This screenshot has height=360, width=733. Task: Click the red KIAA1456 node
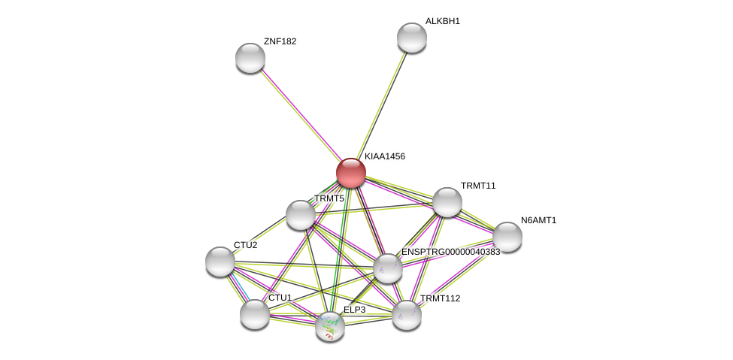351,173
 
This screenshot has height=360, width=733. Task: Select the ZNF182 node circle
250,58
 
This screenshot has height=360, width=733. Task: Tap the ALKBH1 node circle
412,38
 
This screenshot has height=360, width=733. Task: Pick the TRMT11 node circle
447,202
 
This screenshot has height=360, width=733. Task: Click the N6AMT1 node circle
507,237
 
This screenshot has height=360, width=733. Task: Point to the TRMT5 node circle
301,215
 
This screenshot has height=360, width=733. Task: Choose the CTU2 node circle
220,262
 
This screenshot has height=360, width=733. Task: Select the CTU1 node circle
255,314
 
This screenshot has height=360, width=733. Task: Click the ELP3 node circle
330,326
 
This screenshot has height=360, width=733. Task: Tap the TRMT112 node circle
407,315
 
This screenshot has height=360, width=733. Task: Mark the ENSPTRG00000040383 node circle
388,268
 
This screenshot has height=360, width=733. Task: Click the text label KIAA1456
385,156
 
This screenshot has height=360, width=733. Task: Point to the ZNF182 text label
280,41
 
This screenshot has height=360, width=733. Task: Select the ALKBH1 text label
442,21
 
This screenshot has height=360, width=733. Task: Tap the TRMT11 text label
478,186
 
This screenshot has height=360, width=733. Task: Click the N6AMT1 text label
538,220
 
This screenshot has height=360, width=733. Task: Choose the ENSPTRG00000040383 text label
450,252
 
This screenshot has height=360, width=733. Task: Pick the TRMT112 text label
440,298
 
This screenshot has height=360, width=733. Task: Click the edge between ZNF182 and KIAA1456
301,115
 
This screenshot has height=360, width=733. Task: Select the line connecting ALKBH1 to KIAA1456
382,105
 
